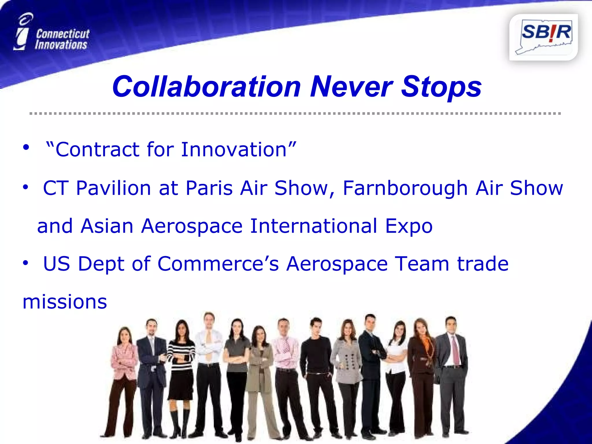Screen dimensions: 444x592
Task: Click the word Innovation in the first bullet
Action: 234,149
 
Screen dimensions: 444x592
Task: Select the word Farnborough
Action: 405,188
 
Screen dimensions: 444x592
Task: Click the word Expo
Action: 409,226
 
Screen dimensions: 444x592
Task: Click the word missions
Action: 65,302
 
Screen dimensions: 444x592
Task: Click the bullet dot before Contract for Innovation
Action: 26,147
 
